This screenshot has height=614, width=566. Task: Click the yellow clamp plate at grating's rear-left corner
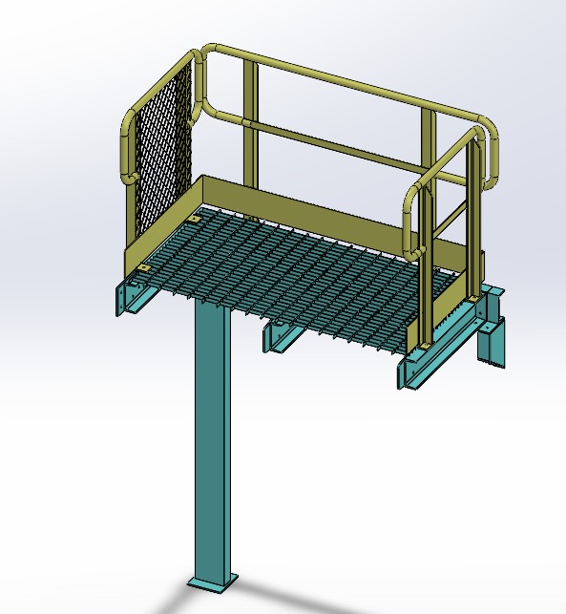coord(195,220)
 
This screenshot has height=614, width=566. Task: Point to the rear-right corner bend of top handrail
coord(489,129)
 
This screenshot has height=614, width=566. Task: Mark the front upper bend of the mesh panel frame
coord(129,124)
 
